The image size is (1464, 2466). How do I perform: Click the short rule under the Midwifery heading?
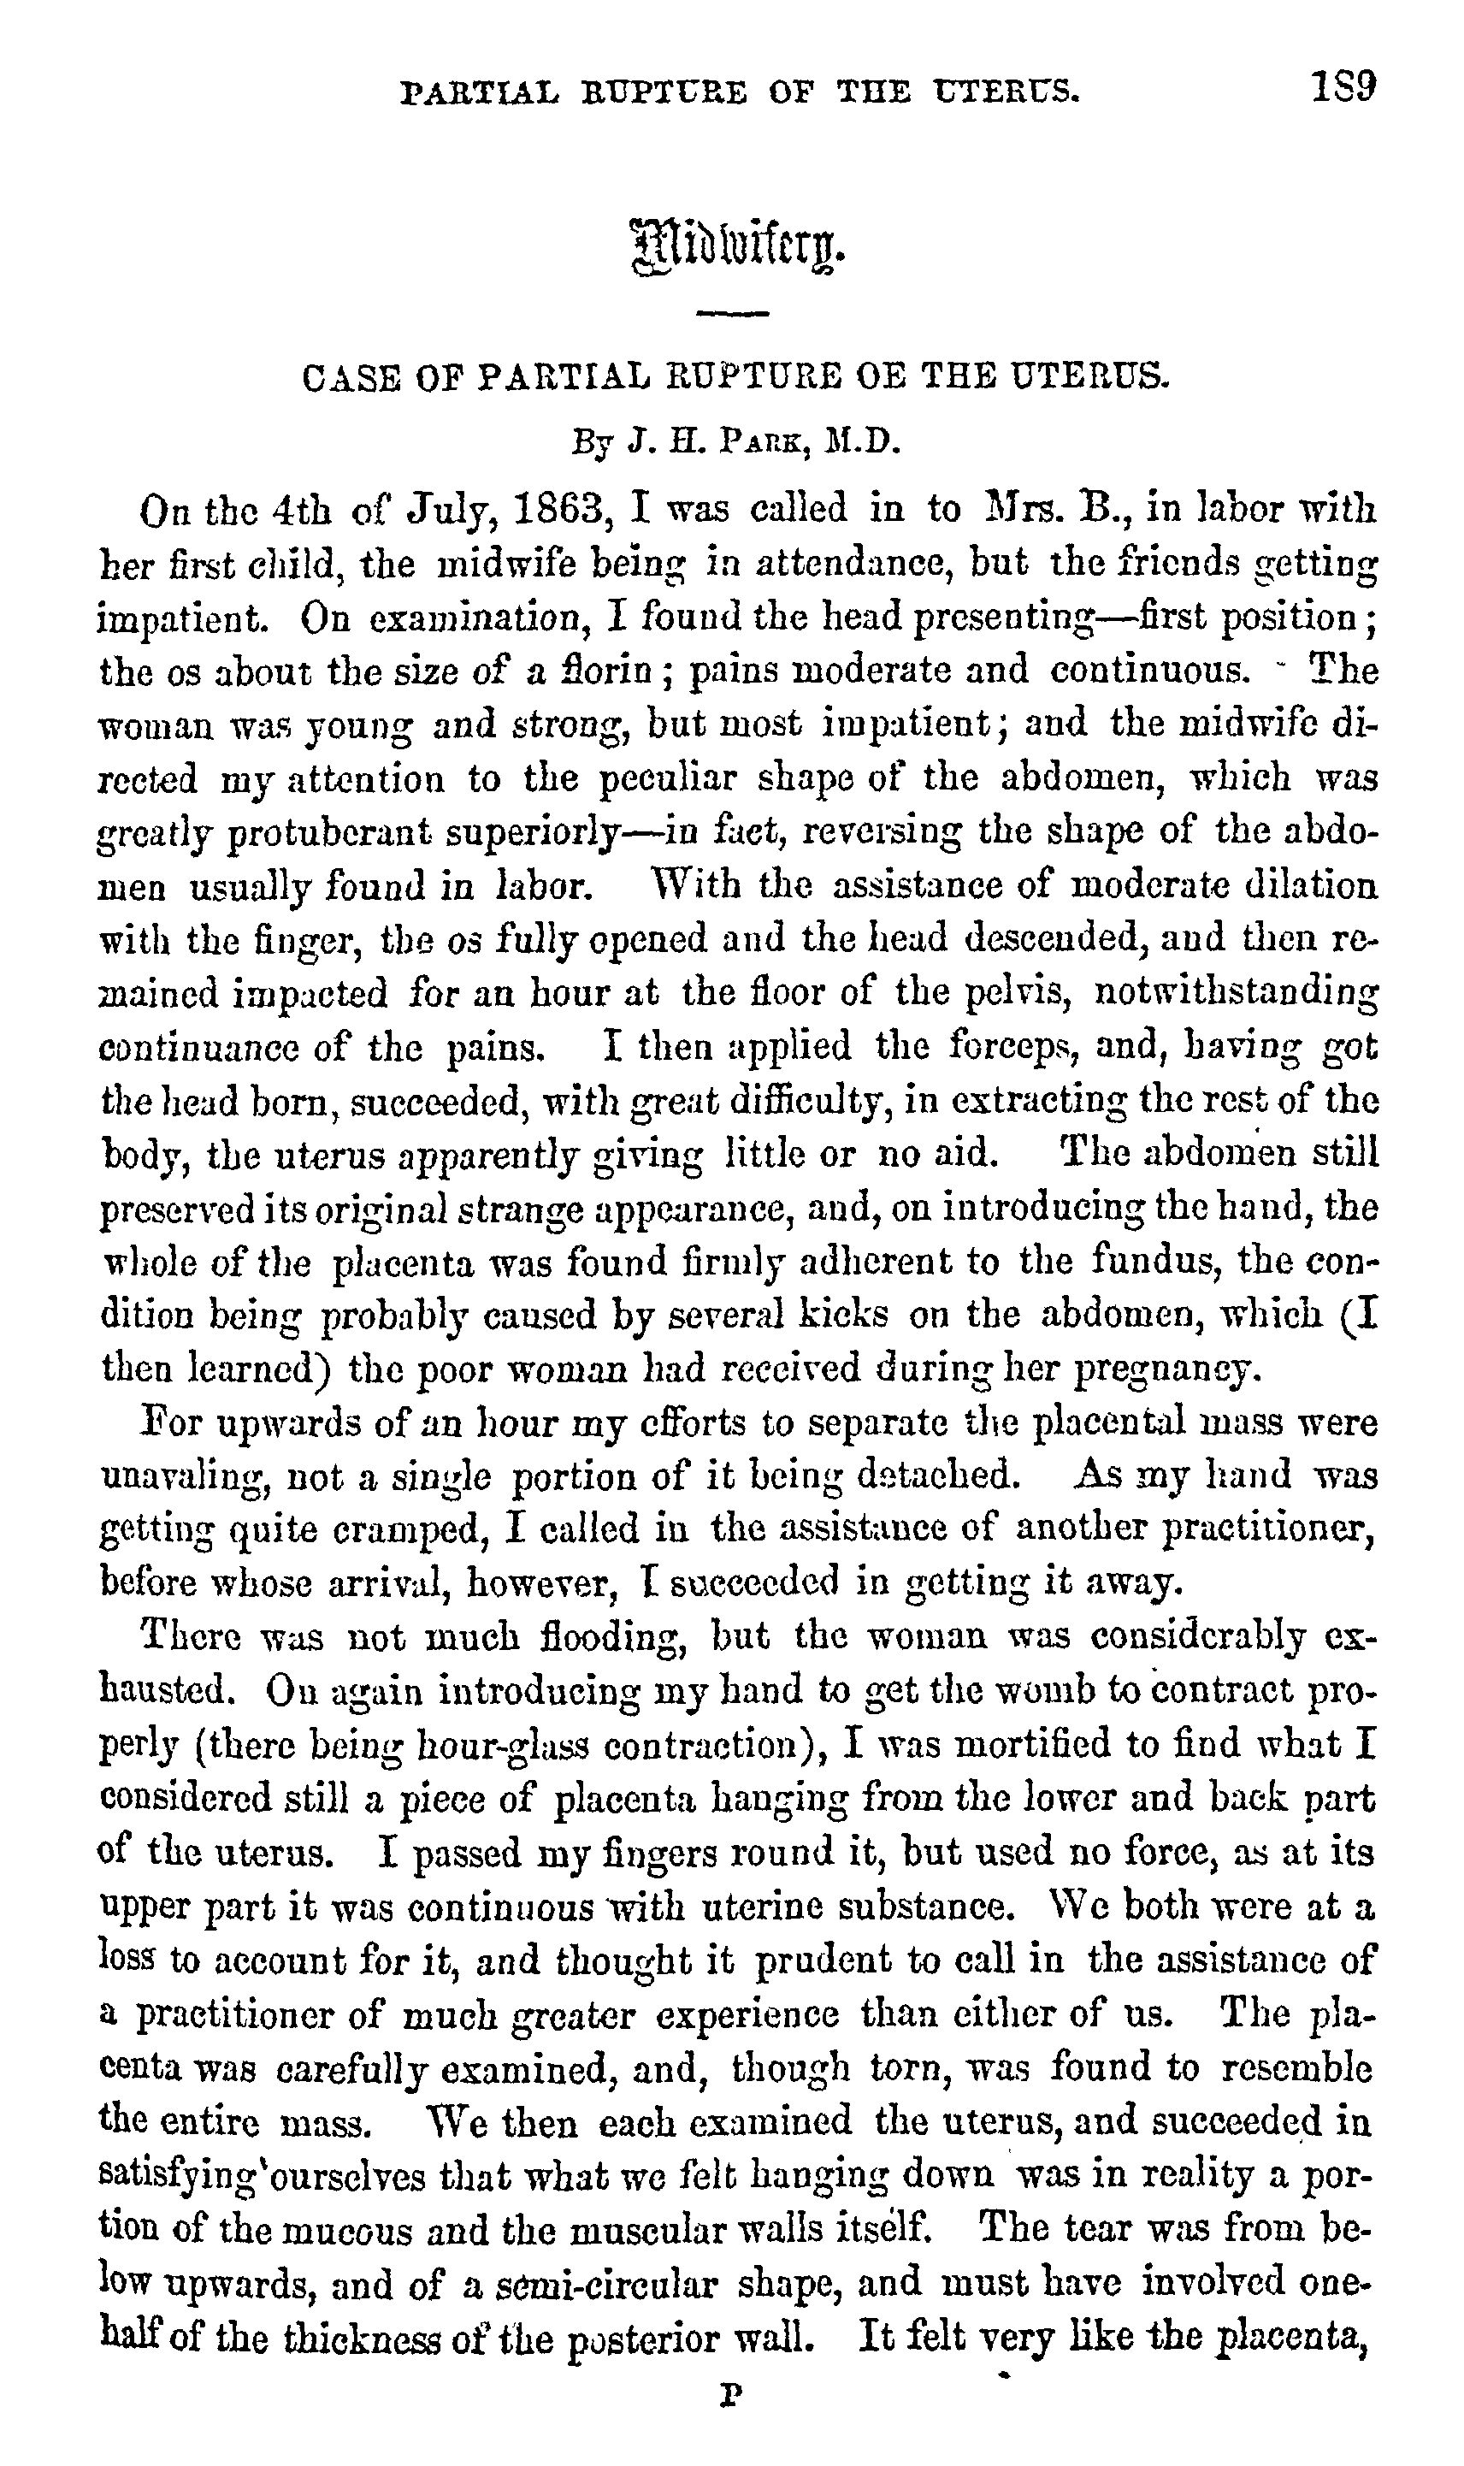pyautogui.click(x=732, y=315)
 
